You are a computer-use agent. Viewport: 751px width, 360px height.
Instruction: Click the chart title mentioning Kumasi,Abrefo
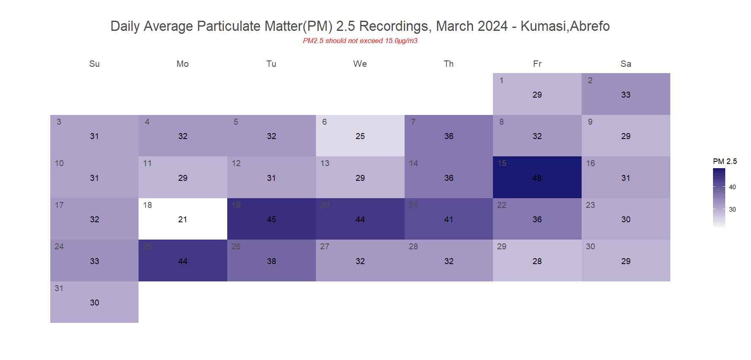(x=360, y=26)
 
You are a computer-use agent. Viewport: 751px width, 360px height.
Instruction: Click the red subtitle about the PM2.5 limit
(x=360, y=41)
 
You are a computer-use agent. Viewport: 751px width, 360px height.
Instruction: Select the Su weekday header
(x=94, y=64)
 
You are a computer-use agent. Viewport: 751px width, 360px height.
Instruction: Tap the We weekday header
(x=360, y=64)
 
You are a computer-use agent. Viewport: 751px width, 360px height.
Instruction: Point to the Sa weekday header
(x=626, y=64)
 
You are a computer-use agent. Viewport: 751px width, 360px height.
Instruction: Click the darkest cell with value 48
(x=537, y=177)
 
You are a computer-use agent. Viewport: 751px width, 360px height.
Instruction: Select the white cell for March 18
(x=182, y=219)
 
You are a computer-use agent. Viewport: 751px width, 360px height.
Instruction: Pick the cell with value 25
(x=360, y=136)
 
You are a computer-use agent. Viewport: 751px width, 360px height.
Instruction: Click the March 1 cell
(x=537, y=94)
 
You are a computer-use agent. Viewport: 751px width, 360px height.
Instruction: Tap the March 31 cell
(x=94, y=302)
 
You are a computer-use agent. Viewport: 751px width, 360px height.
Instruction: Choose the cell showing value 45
(x=271, y=219)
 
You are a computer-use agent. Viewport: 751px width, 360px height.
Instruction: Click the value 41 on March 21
(x=449, y=220)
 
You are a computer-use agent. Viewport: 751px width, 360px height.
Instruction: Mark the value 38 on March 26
(x=271, y=262)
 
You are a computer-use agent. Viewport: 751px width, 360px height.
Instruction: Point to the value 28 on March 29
(x=537, y=262)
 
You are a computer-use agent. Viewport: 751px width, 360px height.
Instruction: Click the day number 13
(x=325, y=164)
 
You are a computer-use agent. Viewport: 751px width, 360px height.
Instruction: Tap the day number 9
(x=590, y=122)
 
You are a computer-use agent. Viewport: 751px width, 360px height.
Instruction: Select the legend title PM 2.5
(x=725, y=161)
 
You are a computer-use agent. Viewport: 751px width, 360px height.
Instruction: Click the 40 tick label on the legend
(x=732, y=187)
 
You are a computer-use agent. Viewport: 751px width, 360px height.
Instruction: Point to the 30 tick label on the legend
(x=732, y=210)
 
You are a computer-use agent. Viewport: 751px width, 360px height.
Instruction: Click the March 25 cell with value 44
(x=182, y=261)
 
